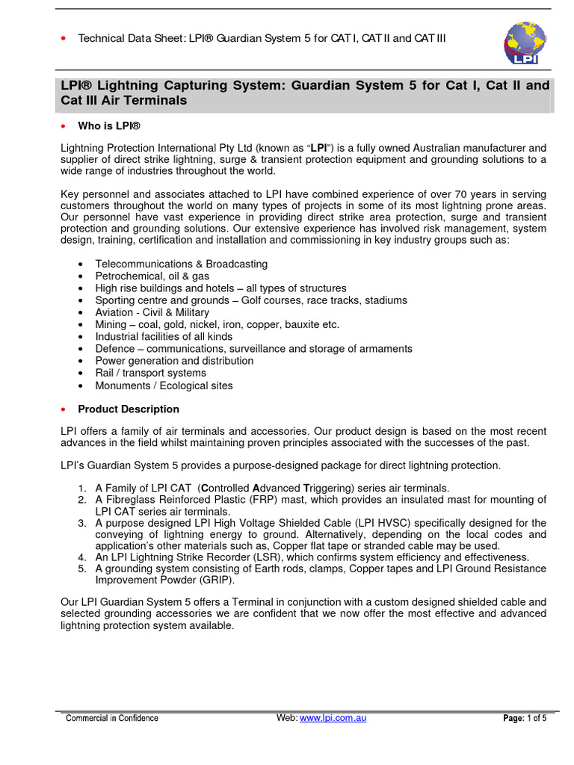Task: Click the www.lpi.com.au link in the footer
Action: [333, 718]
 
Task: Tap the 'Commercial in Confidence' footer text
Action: [112, 718]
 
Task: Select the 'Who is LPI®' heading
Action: [109, 126]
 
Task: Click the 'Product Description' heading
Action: [129, 409]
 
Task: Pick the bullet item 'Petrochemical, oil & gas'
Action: [152, 276]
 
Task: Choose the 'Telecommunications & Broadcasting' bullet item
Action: [181, 264]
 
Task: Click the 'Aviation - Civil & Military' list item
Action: [152, 312]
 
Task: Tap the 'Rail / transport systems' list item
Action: [150, 373]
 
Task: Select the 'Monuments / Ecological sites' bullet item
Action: [164, 385]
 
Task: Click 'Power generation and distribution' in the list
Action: [174, 361]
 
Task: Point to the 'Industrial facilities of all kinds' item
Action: [164, 337]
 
